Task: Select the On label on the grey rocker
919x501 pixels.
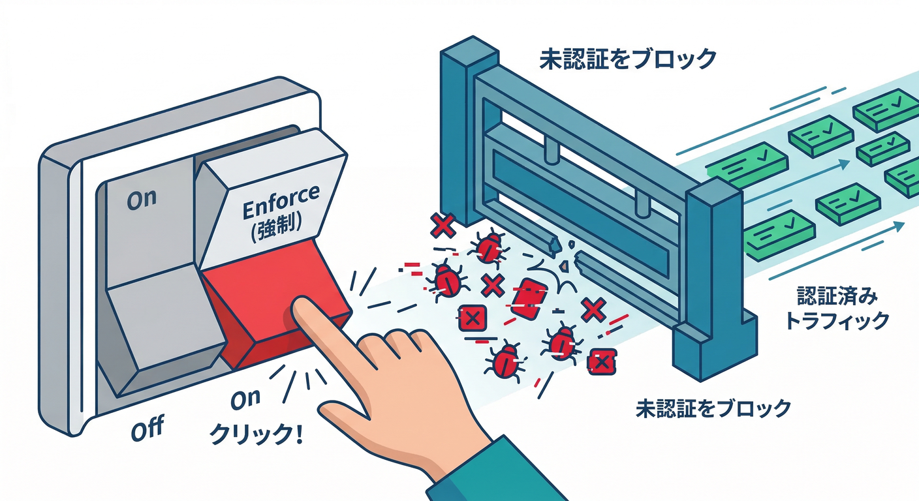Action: pyautogui.click(x=142, y=200)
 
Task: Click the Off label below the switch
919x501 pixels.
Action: pyautogui.click(x=148, y=428)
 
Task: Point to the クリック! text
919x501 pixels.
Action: pyautogui.click(x=257, y=433)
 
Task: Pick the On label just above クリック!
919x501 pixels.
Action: pyautogui.click(x=246, y=399)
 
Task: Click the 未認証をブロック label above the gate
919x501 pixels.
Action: pyautogui.click(x=628, y=59)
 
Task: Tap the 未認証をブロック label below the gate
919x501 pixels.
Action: pyautogui.click(x=713, y=408)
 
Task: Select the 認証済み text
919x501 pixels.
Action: pyautogui.click(x=837, y=296)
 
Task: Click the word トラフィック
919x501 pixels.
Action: pyautogui.click(x=836, y=321)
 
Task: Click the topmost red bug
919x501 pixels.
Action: pyautogui.click(x=489, y=247)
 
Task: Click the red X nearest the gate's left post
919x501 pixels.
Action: pyautogui.click(x=443, y=225)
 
